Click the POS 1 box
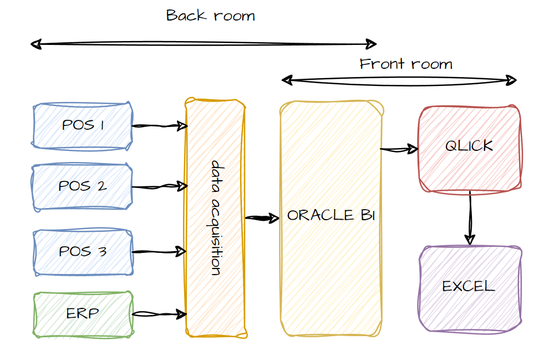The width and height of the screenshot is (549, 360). click(x=83, y=125)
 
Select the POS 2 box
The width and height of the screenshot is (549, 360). click(x=83, y=186)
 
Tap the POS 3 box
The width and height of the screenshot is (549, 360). click(x=83, y=252)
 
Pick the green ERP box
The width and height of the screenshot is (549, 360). click(x=83, y=314)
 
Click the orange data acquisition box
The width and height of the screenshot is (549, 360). click(x=216, y=217)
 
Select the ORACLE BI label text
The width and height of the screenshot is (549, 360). click(x=331, y=215)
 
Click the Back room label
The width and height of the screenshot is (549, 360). click(x=211, y=16)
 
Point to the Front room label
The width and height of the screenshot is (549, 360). click(x=406, y=64)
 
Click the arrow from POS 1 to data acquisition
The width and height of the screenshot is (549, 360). click(x=160, y=126)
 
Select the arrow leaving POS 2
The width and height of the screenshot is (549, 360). click(x=160, y=187)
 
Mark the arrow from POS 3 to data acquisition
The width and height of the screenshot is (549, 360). click(x=159, y=252)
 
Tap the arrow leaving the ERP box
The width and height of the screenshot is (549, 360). click(x=160, y=315)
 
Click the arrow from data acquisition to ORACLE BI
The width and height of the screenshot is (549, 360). click(x=262, y=218)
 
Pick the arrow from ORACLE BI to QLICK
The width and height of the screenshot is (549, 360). click(x=399, y=149)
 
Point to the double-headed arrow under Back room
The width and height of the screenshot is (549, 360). click(x=204, y=44)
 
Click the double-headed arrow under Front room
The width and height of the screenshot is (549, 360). click(x=399, y=80)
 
